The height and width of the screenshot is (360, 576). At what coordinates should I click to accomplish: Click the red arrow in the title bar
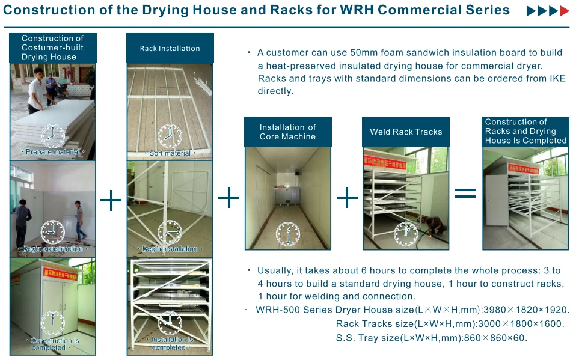(x=564, y=11)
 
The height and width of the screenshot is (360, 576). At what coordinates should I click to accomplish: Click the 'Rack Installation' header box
(x=170, y=49)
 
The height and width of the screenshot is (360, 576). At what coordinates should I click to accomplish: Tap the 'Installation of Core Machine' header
(x=287, y=132)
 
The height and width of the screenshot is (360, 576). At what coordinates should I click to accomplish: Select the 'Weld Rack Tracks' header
(x=406, y=132)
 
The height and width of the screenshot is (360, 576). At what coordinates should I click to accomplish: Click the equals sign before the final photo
(x=465, y=194)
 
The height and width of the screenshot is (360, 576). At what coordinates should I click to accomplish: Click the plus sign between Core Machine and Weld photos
(x=347, y=198)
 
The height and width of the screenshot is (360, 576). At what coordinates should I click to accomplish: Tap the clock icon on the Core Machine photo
(x=287, y=233)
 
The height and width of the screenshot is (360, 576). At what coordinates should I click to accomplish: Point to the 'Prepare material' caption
(x=52, y=153)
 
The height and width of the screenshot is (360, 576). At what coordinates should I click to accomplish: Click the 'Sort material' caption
(x=170, y=153)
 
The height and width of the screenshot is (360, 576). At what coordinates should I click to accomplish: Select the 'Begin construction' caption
(x=52, y=249)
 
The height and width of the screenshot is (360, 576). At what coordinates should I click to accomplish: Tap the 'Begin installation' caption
(x=170, y=249)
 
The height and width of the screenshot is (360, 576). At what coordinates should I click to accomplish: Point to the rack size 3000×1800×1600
(x=510, y=324)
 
